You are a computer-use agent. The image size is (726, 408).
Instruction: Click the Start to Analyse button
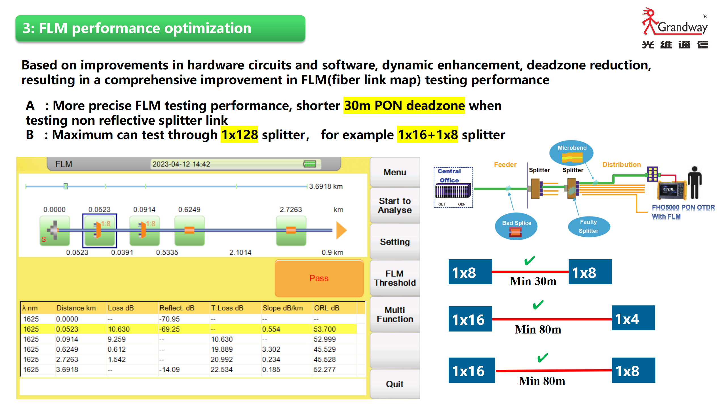coord(395,205)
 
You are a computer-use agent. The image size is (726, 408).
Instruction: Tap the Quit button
coord(395,384)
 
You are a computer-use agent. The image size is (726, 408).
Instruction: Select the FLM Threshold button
coord(395,278)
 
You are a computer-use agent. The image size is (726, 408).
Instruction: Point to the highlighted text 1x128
coord(239,135)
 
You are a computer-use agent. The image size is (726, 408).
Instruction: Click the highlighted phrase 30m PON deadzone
coord(404,105)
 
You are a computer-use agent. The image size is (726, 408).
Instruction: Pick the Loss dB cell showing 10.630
coord(119,329)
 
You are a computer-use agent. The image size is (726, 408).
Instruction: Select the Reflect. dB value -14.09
coord(169,369)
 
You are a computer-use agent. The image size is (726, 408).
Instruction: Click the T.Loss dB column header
coord(227,308)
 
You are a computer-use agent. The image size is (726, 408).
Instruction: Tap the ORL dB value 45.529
coord(325,349)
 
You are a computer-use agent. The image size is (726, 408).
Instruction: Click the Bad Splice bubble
coord(516,226)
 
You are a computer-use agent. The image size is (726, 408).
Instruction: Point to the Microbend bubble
coord(572,153)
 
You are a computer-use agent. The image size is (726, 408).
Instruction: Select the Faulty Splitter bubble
coord(589,226)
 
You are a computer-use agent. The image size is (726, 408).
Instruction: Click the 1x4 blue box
coord(633,318)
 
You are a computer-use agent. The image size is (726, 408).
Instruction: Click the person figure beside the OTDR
coord(695,183)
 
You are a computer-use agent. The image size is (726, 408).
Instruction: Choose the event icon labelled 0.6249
coord(189,230)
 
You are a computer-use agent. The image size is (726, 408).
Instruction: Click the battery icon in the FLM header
coord(309,164)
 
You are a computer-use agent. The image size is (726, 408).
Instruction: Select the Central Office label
coord(449,176)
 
